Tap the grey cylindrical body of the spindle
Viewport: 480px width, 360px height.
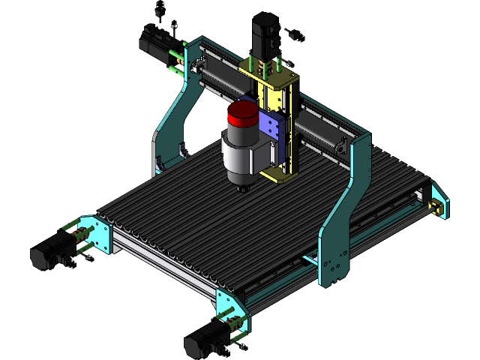click(241, 154)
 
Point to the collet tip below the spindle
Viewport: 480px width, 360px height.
click(241, 187)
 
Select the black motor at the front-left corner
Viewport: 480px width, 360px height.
click(49, 253)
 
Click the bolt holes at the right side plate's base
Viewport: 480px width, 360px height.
click(333, 266)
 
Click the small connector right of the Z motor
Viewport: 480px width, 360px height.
click(289, 34)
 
